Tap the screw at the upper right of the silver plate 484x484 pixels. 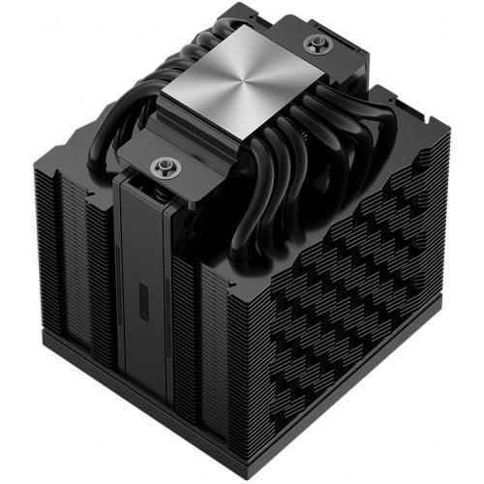click(314, 43)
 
